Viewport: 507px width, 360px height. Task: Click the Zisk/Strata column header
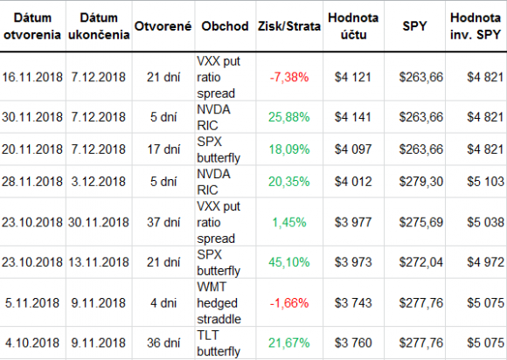[x=289, y=26]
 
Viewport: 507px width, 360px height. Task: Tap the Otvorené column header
[x=163, y=26]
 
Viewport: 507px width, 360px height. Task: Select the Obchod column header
[x=225, y=26]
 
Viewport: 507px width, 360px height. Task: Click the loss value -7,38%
[x=289, y=77]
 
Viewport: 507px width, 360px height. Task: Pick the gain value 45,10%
[x=289, y=262]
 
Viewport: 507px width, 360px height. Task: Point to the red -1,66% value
[x=289, y=303]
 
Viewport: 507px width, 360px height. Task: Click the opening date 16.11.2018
[x=32, y=77]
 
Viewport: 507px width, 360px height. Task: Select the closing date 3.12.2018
[x=98, y=182]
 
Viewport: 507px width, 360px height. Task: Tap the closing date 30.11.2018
[x=98, y=222]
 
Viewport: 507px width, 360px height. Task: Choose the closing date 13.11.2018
[x=98, y=262]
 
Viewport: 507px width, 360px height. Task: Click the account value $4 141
[x=353, y=117]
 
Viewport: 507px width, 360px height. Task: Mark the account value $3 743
[x=353, y=303]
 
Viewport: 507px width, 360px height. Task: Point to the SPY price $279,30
[x=421, y=182]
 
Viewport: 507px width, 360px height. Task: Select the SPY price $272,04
[x=421, y=262]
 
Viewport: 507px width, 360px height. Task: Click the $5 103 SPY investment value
[x=485, y=182]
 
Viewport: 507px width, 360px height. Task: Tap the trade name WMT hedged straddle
[x=219, y=303]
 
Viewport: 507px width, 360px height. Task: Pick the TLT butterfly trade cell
[x=219, y=343]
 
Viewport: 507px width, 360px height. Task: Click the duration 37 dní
[x=163, y=222]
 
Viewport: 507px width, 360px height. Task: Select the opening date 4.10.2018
[x=32, y=343]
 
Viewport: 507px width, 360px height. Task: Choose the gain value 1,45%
[x=289, y=222]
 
